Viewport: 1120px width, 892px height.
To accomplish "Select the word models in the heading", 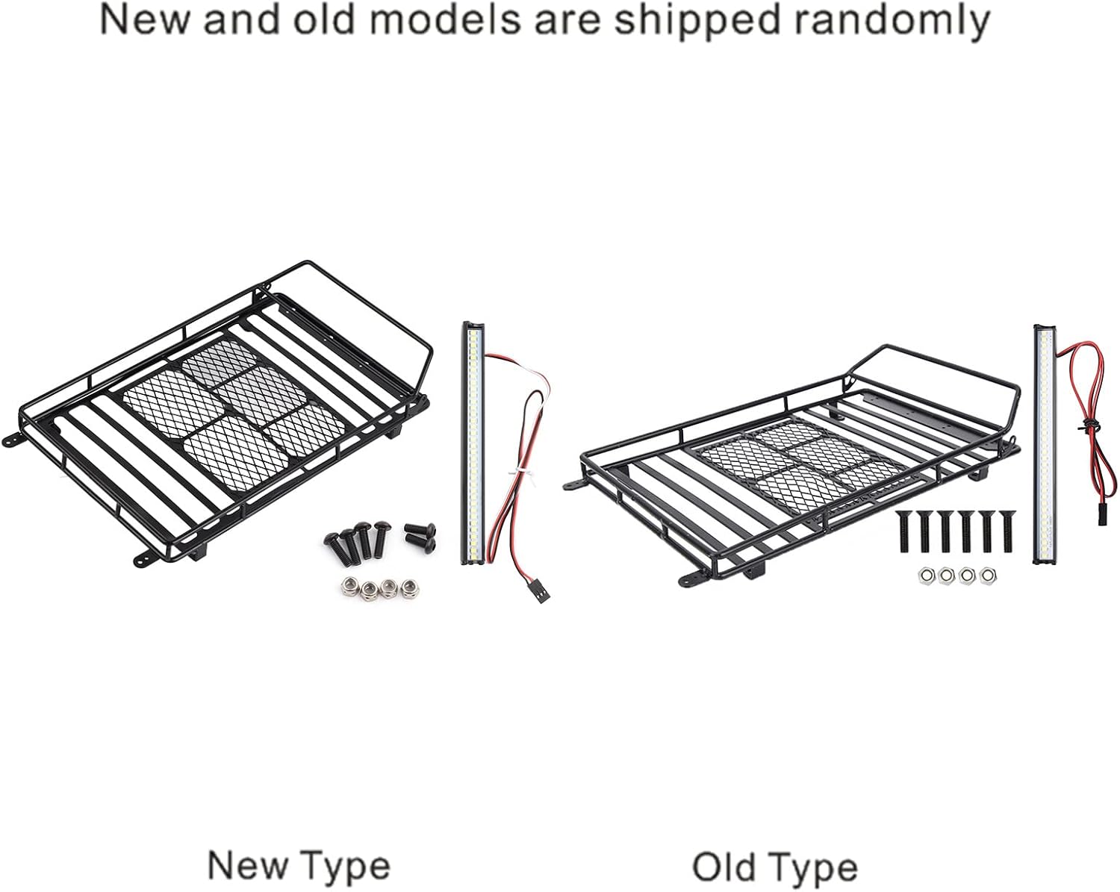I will click(457, 20).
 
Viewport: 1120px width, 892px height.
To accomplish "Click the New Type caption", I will click(299, 867).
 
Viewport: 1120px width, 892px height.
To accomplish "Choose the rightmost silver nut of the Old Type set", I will click(989, 576).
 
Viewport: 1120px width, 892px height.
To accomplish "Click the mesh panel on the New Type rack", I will click(224, 403).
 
